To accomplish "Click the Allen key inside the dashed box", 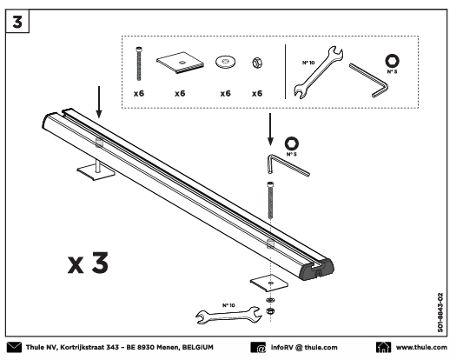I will pos(368,79).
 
